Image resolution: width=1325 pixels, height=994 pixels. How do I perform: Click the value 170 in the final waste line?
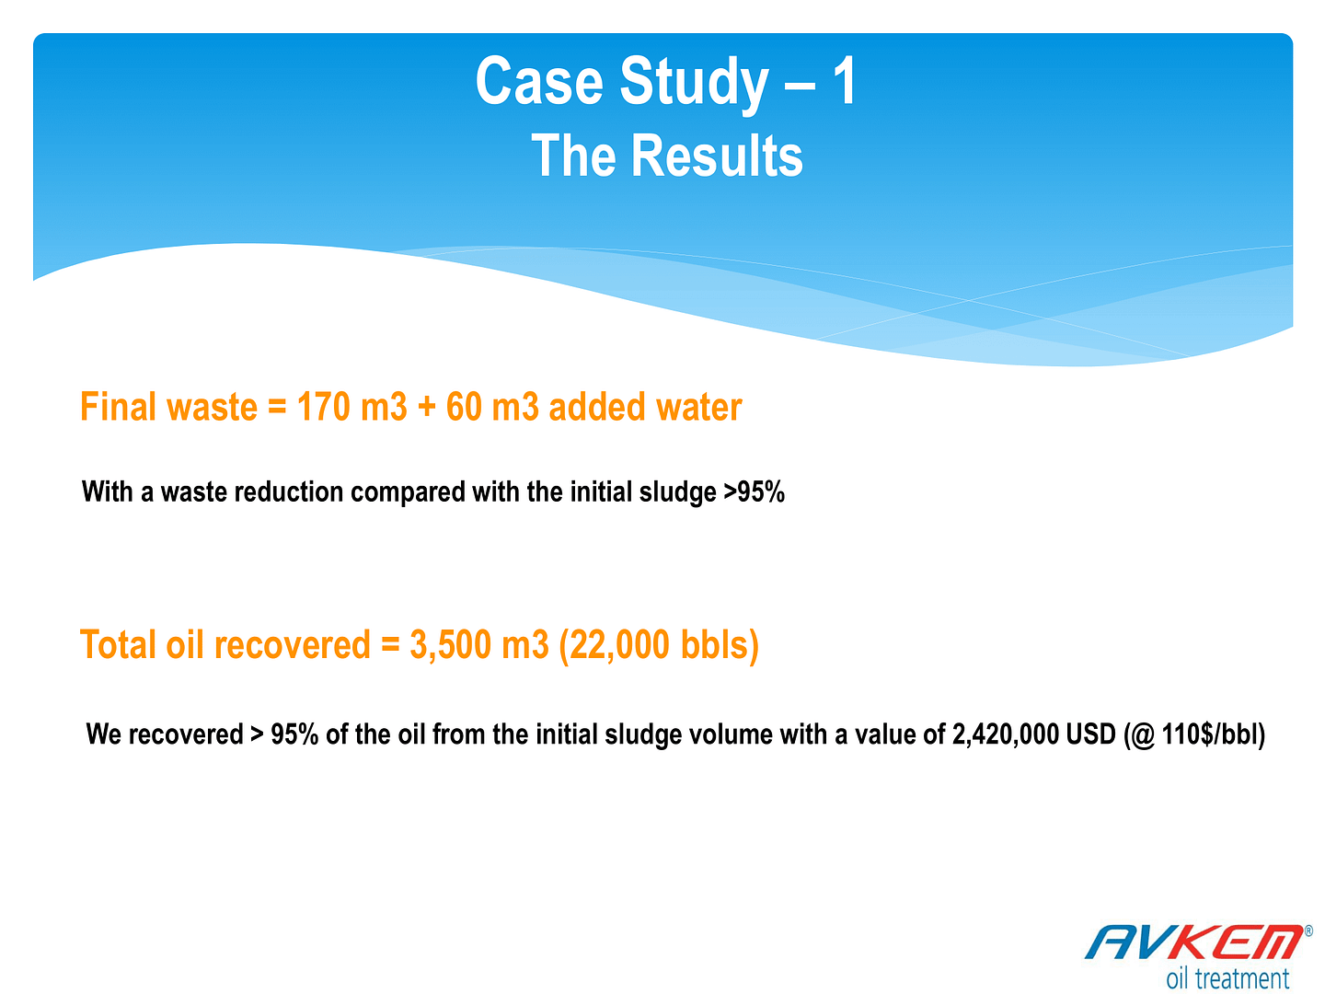click(323, 406)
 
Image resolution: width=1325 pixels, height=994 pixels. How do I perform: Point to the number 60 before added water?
click(464, 406)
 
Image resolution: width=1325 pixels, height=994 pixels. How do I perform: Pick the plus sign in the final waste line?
click(426, 407)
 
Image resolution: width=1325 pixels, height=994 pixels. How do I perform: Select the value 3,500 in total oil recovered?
click(450, 644)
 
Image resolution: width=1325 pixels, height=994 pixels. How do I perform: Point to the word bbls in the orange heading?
click(714, 643)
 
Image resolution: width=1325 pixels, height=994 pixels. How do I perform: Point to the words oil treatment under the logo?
click(1227, 977)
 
